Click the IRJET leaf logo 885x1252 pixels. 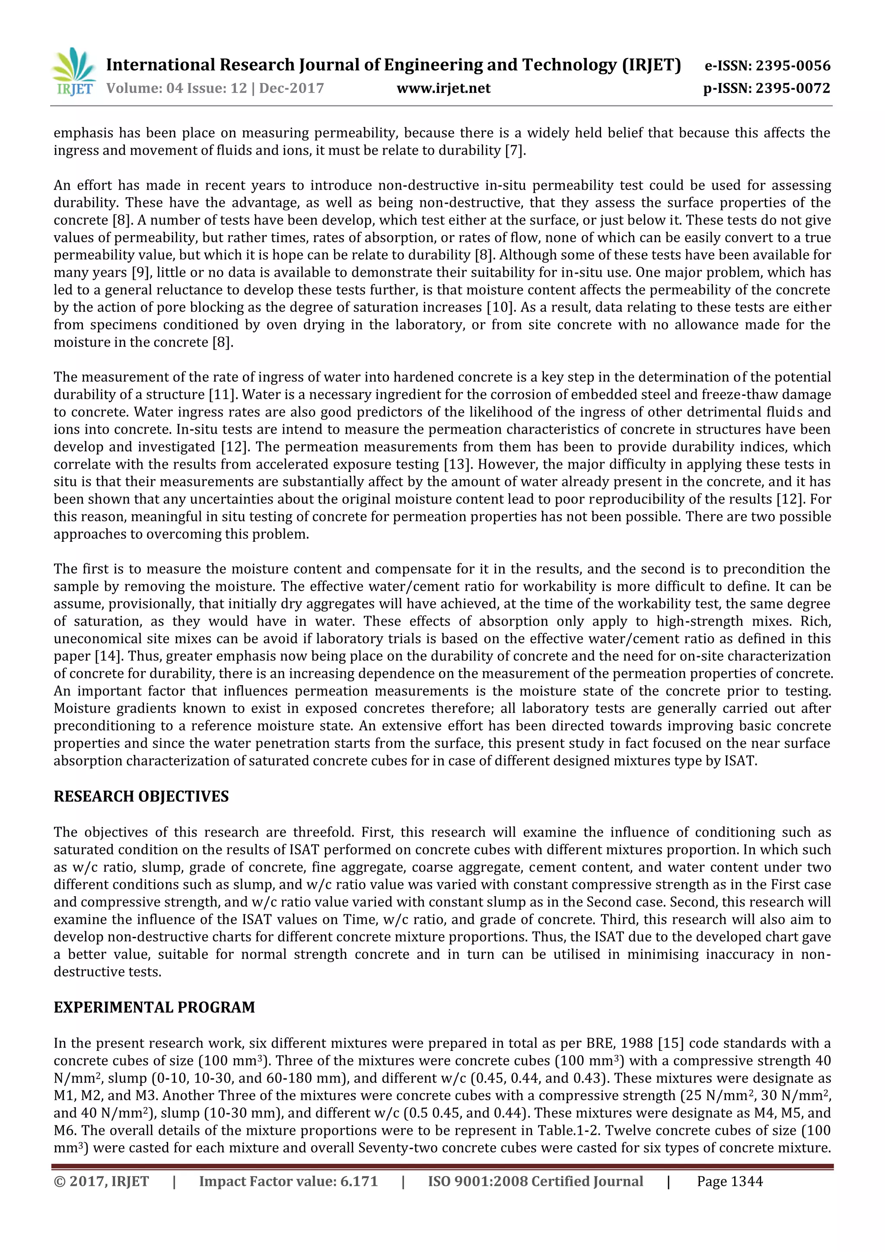73,71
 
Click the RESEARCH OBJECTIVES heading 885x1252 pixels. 141,797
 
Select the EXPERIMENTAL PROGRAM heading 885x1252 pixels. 154,1007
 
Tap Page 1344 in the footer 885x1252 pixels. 730,1181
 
